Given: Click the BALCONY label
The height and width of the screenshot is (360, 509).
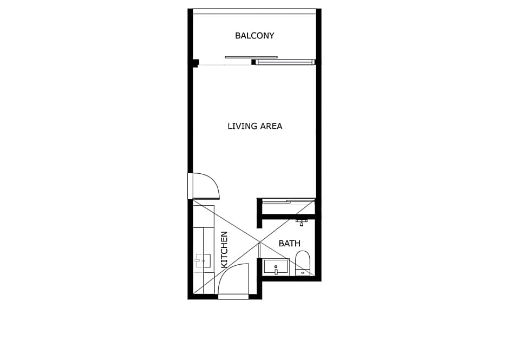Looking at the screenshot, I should click(255, 36).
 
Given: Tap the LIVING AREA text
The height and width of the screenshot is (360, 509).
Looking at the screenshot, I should click(255, 126).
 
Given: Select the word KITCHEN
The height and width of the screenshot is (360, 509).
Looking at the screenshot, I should click(224, 250).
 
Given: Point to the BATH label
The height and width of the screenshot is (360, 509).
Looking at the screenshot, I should click(289, 244).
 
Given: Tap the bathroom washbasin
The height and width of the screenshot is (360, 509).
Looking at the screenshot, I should click(276, 266).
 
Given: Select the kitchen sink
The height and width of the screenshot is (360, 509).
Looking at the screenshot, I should click(203, 261).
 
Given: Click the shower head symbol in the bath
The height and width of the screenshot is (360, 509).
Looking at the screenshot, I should click(302, 221).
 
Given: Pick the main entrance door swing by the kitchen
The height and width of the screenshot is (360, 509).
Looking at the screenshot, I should click(233, 279).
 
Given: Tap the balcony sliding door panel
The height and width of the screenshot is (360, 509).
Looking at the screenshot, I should click(285, 62).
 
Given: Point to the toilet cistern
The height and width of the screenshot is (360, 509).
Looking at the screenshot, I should click(302, 272).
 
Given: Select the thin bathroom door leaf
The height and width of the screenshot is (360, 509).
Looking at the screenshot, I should click(259, 250).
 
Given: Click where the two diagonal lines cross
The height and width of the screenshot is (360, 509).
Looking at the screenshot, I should click(260, 241).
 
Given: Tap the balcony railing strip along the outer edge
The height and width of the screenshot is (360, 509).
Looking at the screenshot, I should click(255, 11).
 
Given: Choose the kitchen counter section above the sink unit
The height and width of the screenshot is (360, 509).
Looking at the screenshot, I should click(204, 216).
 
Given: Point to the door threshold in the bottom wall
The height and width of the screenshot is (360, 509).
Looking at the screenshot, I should click(233, 296).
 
